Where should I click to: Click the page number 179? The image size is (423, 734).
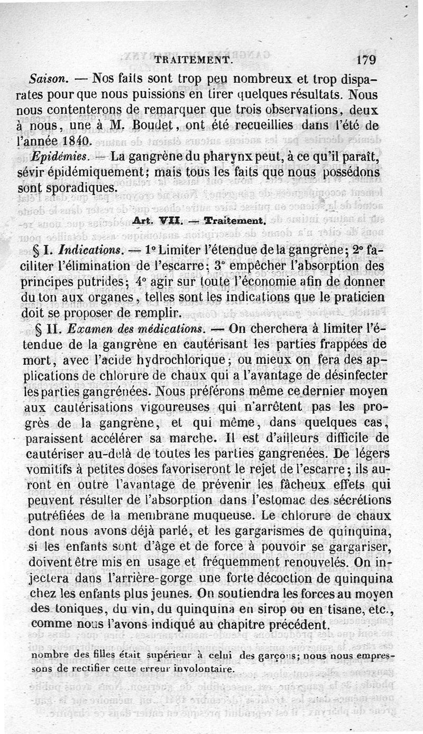366,60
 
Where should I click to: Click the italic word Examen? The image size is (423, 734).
87,328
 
